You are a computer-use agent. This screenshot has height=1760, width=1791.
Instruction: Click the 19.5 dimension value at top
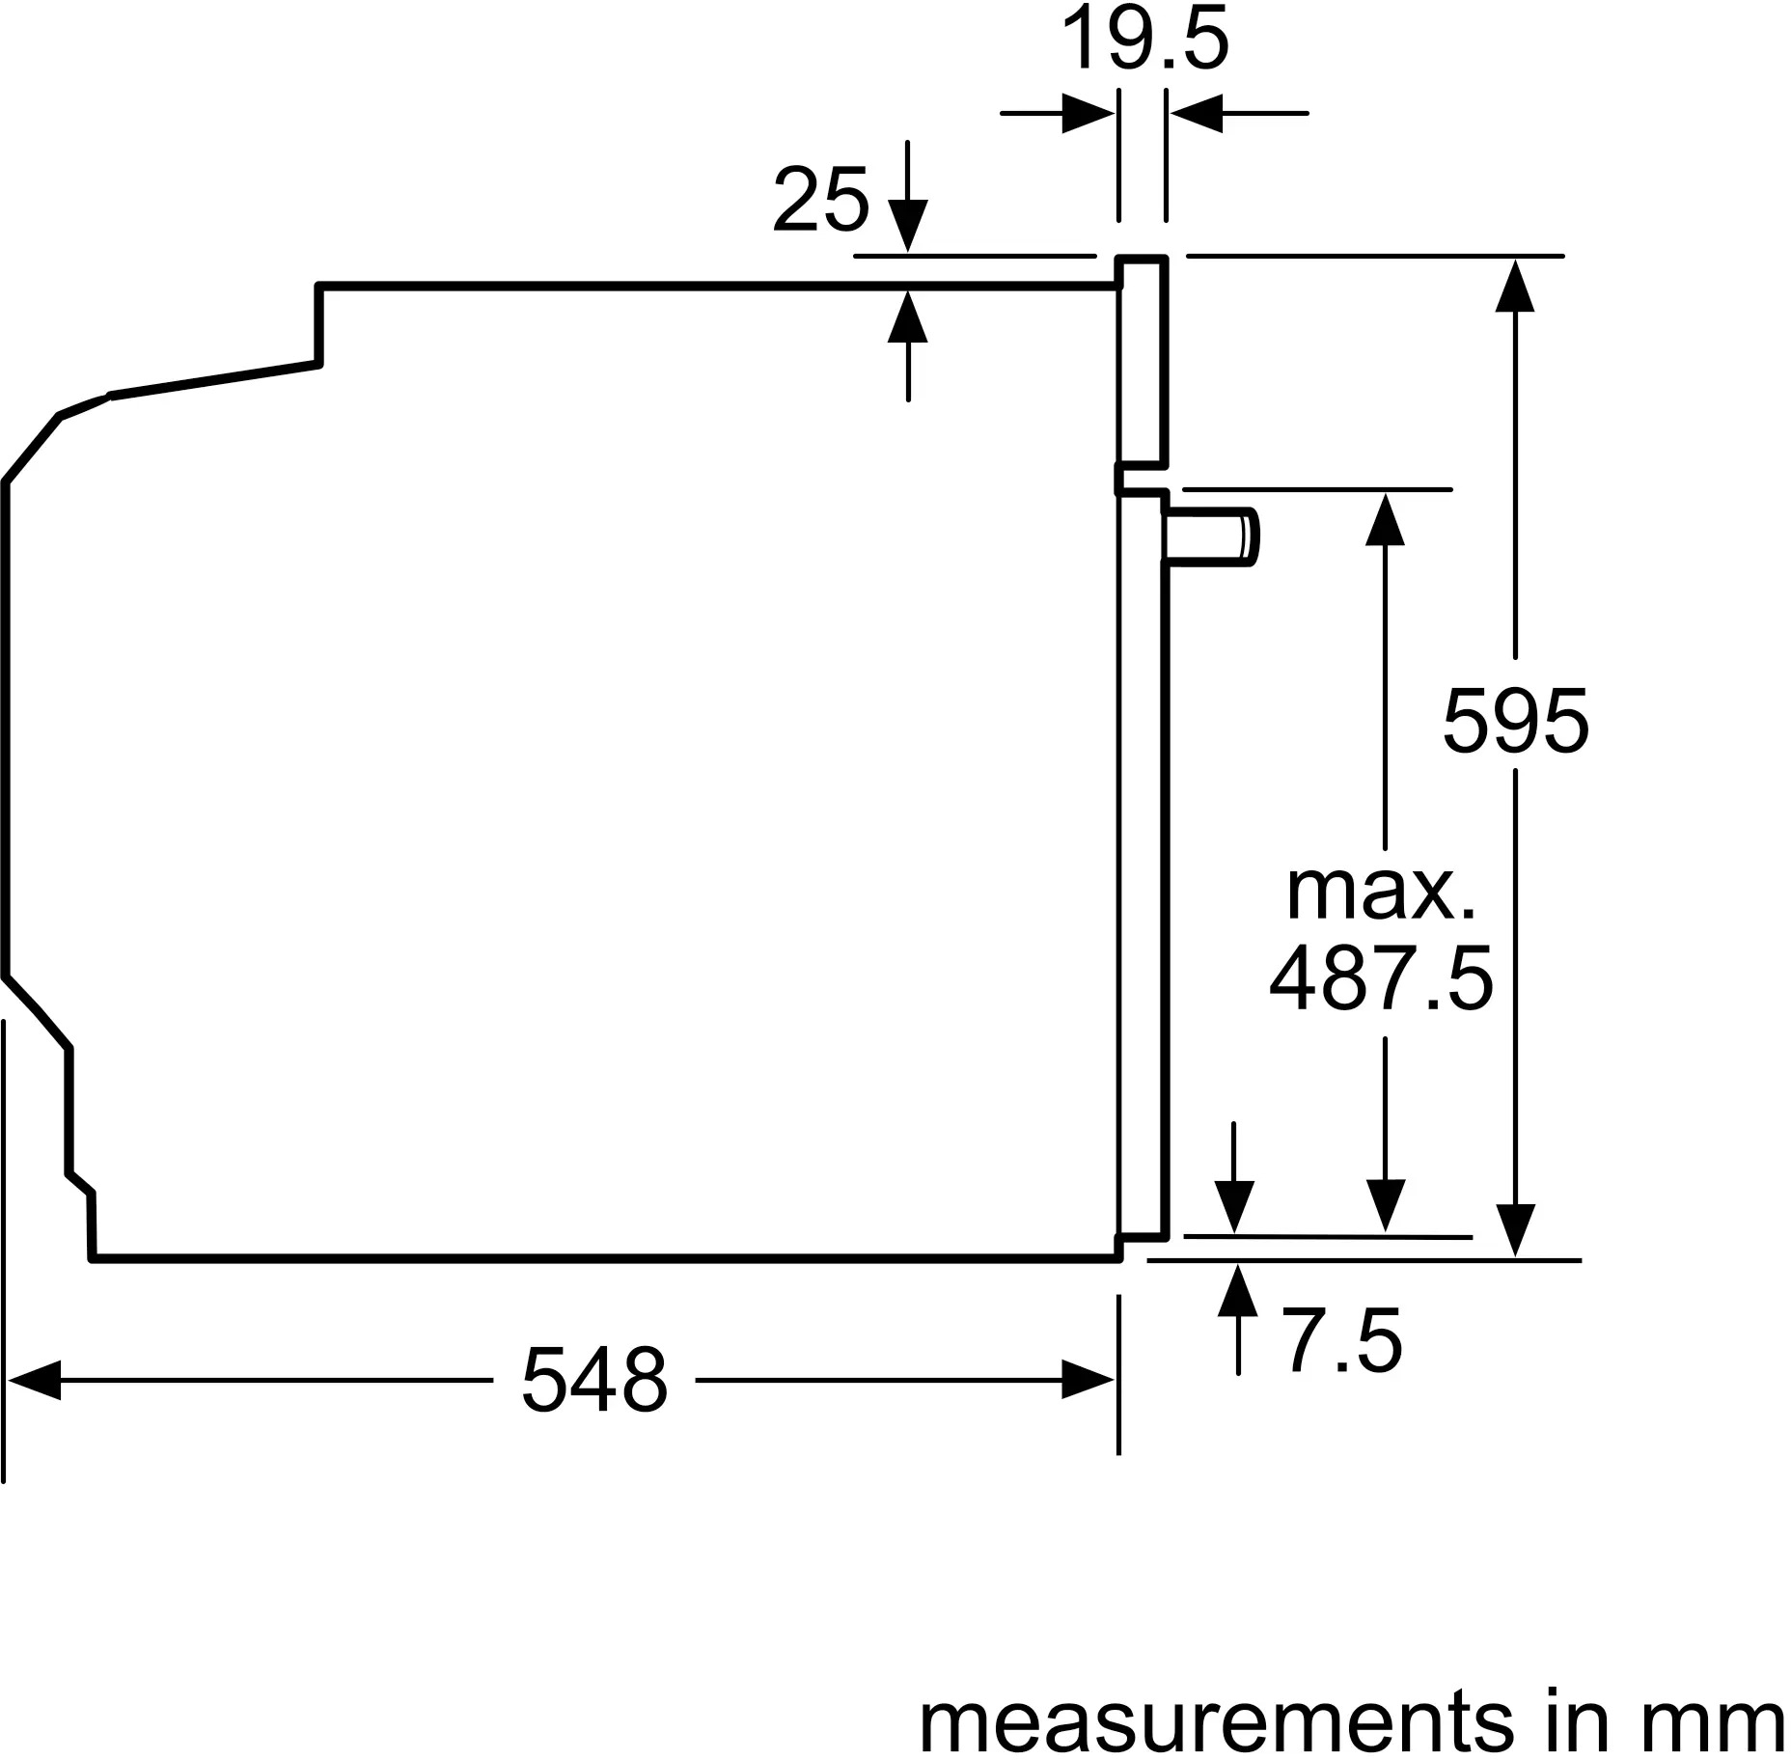(1144, 41)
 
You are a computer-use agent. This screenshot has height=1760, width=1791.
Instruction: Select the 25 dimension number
(820, 201)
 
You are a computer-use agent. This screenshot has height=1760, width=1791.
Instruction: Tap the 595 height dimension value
(1515, 721)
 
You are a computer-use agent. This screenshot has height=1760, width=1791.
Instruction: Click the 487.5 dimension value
(1381, 979)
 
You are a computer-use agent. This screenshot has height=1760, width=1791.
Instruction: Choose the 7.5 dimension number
(1342, 1342)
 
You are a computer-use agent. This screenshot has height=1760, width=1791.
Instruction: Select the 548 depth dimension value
(594, 1381)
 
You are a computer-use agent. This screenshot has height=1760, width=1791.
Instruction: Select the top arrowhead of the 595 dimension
(1515, 285)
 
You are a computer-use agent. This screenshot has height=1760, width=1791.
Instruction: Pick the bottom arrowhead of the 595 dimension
(1515, 1230)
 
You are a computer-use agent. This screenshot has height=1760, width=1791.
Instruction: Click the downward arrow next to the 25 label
(908, 225)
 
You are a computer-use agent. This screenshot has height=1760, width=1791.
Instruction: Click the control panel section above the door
(1143, 362)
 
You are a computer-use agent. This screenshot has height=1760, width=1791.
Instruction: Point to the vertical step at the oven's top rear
(319, 325)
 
